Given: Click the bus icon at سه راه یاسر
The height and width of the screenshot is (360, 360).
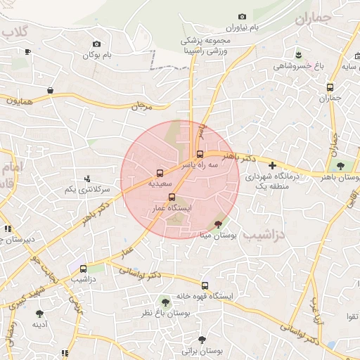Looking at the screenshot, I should (200, 154).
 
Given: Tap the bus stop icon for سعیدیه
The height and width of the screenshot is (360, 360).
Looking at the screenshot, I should (160, 172).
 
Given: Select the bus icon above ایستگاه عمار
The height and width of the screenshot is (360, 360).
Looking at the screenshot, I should (172, 198).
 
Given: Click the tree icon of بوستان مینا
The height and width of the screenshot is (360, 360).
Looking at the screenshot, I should (219, 224).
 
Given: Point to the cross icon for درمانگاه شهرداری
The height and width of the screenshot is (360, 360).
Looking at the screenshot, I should (273, 165).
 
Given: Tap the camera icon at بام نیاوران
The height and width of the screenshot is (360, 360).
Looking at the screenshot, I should (243, 16).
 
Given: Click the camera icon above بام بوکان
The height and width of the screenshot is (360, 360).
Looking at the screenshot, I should (96, 44).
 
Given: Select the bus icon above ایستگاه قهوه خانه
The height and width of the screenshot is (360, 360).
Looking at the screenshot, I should (205, 285).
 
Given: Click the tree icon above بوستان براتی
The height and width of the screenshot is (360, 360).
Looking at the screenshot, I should (202, 339).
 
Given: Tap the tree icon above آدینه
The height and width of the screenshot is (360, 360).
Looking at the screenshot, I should (39, 314).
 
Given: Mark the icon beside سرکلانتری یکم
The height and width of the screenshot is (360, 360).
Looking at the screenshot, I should (87, 179).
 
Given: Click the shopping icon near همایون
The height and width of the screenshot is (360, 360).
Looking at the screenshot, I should (51, 90).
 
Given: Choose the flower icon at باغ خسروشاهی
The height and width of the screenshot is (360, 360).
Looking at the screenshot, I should (300, 54).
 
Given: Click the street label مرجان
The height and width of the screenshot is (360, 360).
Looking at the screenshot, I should (142, 106).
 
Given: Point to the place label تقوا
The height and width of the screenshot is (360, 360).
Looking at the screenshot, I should (349, 317).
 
